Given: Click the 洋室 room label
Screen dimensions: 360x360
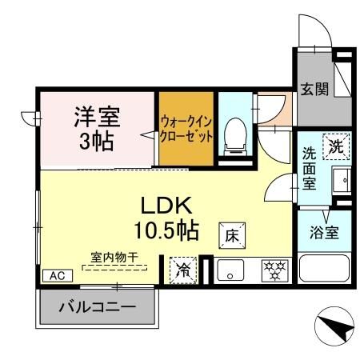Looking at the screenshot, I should coord(97,118).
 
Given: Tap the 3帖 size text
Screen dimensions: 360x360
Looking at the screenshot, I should coord(97,142).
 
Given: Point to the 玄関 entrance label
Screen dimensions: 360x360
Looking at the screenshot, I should coord(314,89).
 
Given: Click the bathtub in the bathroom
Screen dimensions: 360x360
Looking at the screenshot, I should coord(324,266).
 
